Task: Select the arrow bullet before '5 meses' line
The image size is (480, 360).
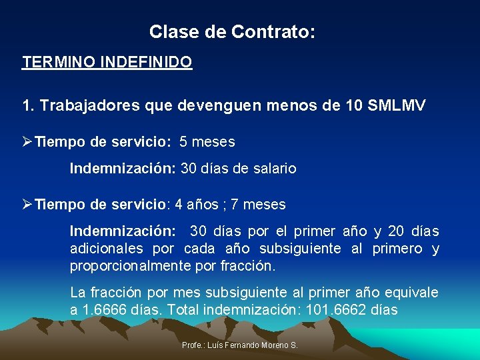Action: click(27, 142)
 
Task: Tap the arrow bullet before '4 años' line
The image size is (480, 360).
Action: click(27, 204)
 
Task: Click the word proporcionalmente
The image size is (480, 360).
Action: click(131, 266)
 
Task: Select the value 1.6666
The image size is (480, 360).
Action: click(105, 310)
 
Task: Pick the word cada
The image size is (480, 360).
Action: click(199, 249)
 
